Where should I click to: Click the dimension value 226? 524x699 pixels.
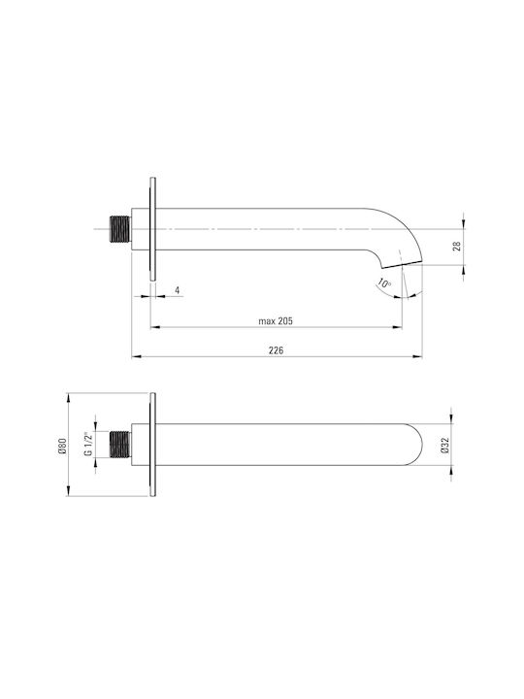[276, 350]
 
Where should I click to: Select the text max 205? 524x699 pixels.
[276, 321]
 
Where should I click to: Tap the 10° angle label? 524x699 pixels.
[383, 283]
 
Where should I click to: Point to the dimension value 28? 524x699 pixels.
[457, 246]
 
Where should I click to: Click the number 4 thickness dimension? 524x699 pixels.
[178, 290]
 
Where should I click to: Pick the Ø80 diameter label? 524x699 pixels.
[62, 446]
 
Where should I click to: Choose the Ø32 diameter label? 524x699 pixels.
[444, 445]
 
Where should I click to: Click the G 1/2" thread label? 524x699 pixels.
[88, 444]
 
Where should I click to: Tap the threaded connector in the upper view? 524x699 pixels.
[120, 229]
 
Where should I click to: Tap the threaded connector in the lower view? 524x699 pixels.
[120, 445]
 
